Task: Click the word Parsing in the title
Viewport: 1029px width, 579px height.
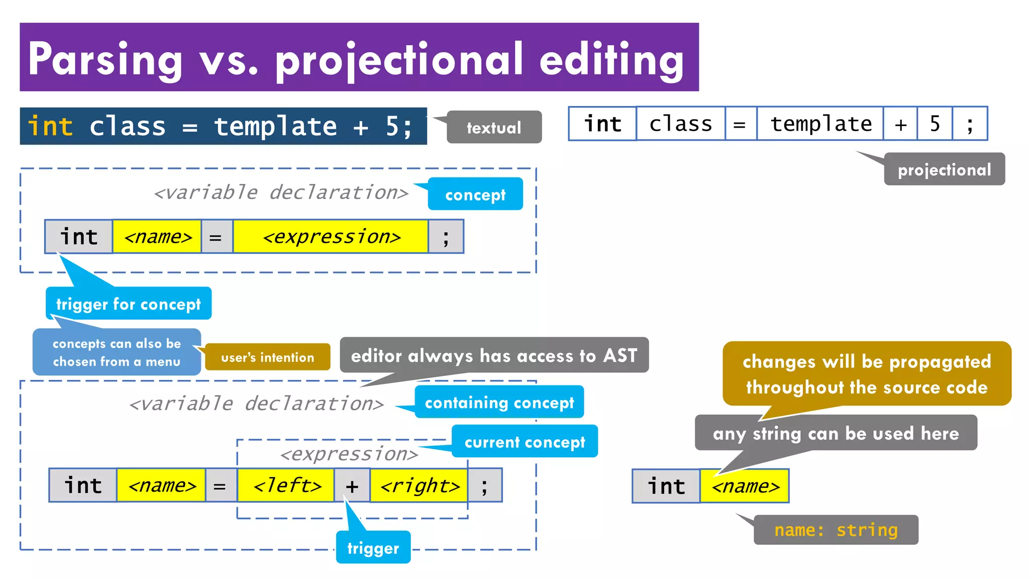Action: coord(105,59)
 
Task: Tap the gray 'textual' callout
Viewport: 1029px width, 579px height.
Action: coord(494,128)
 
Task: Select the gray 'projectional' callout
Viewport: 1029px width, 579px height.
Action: coord(944,169)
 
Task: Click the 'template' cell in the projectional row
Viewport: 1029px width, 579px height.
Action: coord(820,124)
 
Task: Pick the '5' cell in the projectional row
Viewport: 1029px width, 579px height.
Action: coord(935,124)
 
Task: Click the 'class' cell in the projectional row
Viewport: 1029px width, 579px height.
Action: coord(680,124)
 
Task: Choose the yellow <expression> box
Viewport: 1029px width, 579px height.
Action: coord(331,236)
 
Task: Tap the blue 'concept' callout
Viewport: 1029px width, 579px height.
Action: coord(475,194)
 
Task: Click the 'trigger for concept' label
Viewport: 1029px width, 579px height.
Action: coord(128,304)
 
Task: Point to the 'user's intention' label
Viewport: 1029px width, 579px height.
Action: coord(267,357)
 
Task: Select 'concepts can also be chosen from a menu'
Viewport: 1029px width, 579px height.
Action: coord(117,352)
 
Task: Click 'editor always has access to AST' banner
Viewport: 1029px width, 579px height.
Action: coord(494,355)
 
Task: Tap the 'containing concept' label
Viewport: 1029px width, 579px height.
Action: coord(499,402)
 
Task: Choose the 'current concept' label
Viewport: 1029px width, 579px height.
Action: coord(525,441)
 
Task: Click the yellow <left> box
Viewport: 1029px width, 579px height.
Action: coord(286,486)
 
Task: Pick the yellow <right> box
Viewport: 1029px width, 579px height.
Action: coord(419,486)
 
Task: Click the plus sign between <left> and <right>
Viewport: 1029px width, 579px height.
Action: coord(352,486)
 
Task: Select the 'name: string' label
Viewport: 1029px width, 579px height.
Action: coord(836,530)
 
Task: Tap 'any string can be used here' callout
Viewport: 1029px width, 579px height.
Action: coord(836,433)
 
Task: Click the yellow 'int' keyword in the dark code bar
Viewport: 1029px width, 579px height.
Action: coord(50,126)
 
